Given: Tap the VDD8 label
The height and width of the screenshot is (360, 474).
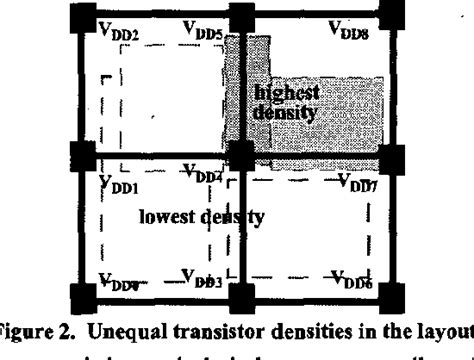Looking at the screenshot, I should pyautogui.click(x=352, y=33).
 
